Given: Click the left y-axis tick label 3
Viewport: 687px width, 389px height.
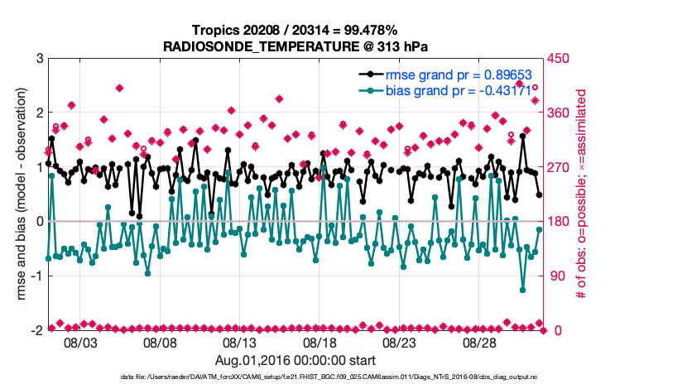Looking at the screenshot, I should tap(39, 59).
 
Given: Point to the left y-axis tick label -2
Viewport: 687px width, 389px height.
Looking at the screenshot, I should tap(36, 330).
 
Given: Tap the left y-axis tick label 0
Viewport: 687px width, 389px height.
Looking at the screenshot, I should tap(39, 222).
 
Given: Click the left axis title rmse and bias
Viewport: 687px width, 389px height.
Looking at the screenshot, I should tap(15, 194).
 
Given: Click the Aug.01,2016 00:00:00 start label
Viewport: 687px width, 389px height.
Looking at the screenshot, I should tap(295, 361).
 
